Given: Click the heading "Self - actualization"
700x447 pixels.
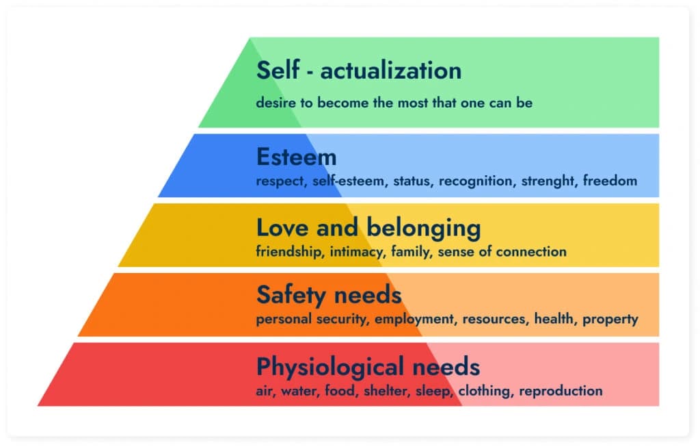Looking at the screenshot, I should tap(359, 71).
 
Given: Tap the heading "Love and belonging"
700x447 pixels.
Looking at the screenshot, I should tap(368, 227).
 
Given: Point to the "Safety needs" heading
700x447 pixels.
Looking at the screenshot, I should tap(328, 295).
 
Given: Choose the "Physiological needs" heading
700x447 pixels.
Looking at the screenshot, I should tap(368, 367).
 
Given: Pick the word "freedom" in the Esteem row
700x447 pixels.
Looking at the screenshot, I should tap(611, 181).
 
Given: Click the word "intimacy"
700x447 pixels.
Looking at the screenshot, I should tap(357, 251).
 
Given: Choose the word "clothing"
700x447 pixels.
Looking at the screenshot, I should tap(485, 392).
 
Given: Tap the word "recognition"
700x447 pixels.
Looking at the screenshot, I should tap(476, 181).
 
